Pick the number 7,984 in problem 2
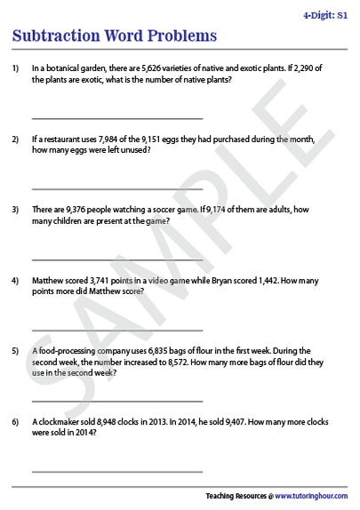pos(104,139)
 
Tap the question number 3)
pos(15,211)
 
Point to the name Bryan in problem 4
pos(212,281)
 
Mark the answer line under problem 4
pos(116,331)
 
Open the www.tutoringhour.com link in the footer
pos(310,496)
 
